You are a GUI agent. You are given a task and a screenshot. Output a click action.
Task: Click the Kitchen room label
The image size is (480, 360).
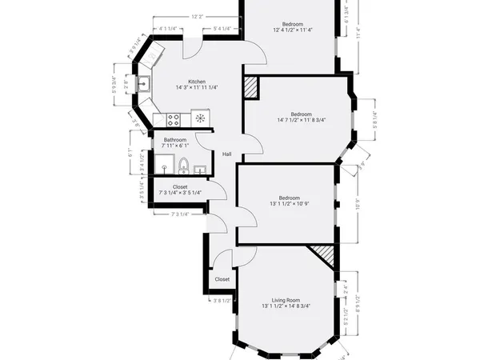coord(197,82)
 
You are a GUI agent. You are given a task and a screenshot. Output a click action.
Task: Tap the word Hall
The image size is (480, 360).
coord(227,154)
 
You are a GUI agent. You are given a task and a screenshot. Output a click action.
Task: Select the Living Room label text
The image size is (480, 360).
coord(286,298)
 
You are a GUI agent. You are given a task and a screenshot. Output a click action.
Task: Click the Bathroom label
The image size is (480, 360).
coord(174,139)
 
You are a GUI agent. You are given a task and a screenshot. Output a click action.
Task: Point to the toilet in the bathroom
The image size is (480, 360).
coord(183,166)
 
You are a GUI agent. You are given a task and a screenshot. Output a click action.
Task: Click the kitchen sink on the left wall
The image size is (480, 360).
coord(144,83)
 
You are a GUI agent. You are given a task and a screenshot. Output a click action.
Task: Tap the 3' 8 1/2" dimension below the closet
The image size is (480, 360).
coord(222,301)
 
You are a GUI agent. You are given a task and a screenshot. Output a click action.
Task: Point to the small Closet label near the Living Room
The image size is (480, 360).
coord(222,279)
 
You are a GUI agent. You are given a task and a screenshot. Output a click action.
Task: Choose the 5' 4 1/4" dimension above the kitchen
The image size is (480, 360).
coord(222,30)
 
